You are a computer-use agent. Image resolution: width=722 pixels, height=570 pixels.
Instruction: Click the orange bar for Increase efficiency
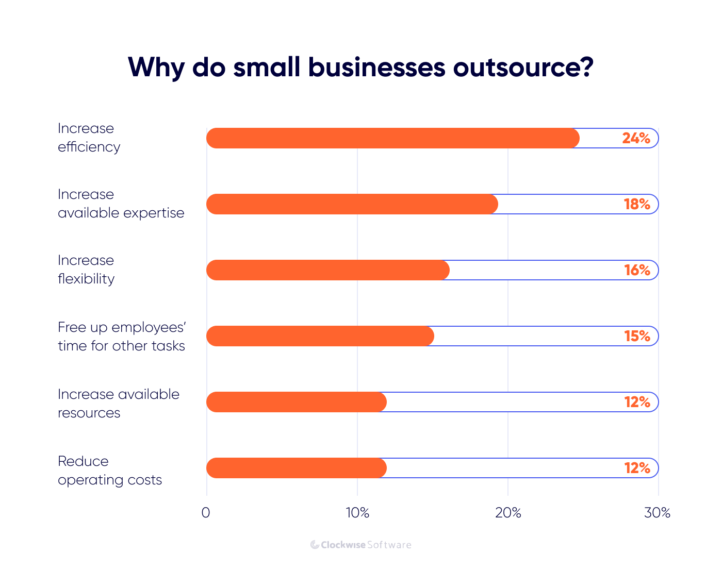(392, 138)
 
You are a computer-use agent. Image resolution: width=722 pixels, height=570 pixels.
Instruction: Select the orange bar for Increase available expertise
(352, 204)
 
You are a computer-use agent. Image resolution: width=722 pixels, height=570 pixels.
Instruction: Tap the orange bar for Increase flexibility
(327, 270)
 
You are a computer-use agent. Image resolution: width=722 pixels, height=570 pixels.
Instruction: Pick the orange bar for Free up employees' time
(320, 336)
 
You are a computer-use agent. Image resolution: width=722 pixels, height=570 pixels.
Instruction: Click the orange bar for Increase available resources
(296, 402)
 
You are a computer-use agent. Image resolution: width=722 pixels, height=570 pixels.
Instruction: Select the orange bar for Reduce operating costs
(296, 468)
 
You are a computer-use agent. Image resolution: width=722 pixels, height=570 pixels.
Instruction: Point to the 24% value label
(636, 138)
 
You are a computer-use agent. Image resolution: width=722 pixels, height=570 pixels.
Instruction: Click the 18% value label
(636, 204)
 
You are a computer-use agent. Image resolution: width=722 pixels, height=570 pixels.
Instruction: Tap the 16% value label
(636, 270)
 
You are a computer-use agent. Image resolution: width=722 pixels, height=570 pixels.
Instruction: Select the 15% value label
(636, 336)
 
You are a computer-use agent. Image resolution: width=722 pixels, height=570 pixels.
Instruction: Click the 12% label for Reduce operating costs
(636, 468)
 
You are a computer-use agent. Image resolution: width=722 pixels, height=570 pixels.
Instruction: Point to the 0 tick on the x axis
(206, 513)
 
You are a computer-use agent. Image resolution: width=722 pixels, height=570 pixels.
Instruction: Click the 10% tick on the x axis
(357, 513)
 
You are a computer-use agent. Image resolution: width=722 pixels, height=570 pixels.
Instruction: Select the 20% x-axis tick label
(508, 513)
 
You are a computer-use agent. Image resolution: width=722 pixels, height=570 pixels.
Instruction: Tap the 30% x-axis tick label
(658, 513)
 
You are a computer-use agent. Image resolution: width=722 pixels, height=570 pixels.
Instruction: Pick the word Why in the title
(156, 67)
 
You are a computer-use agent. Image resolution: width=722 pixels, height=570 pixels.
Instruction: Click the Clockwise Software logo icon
(315, 545)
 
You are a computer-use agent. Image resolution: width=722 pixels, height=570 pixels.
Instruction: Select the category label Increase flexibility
(86, 270)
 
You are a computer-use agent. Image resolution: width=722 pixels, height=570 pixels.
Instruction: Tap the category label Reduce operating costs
(110, 471)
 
